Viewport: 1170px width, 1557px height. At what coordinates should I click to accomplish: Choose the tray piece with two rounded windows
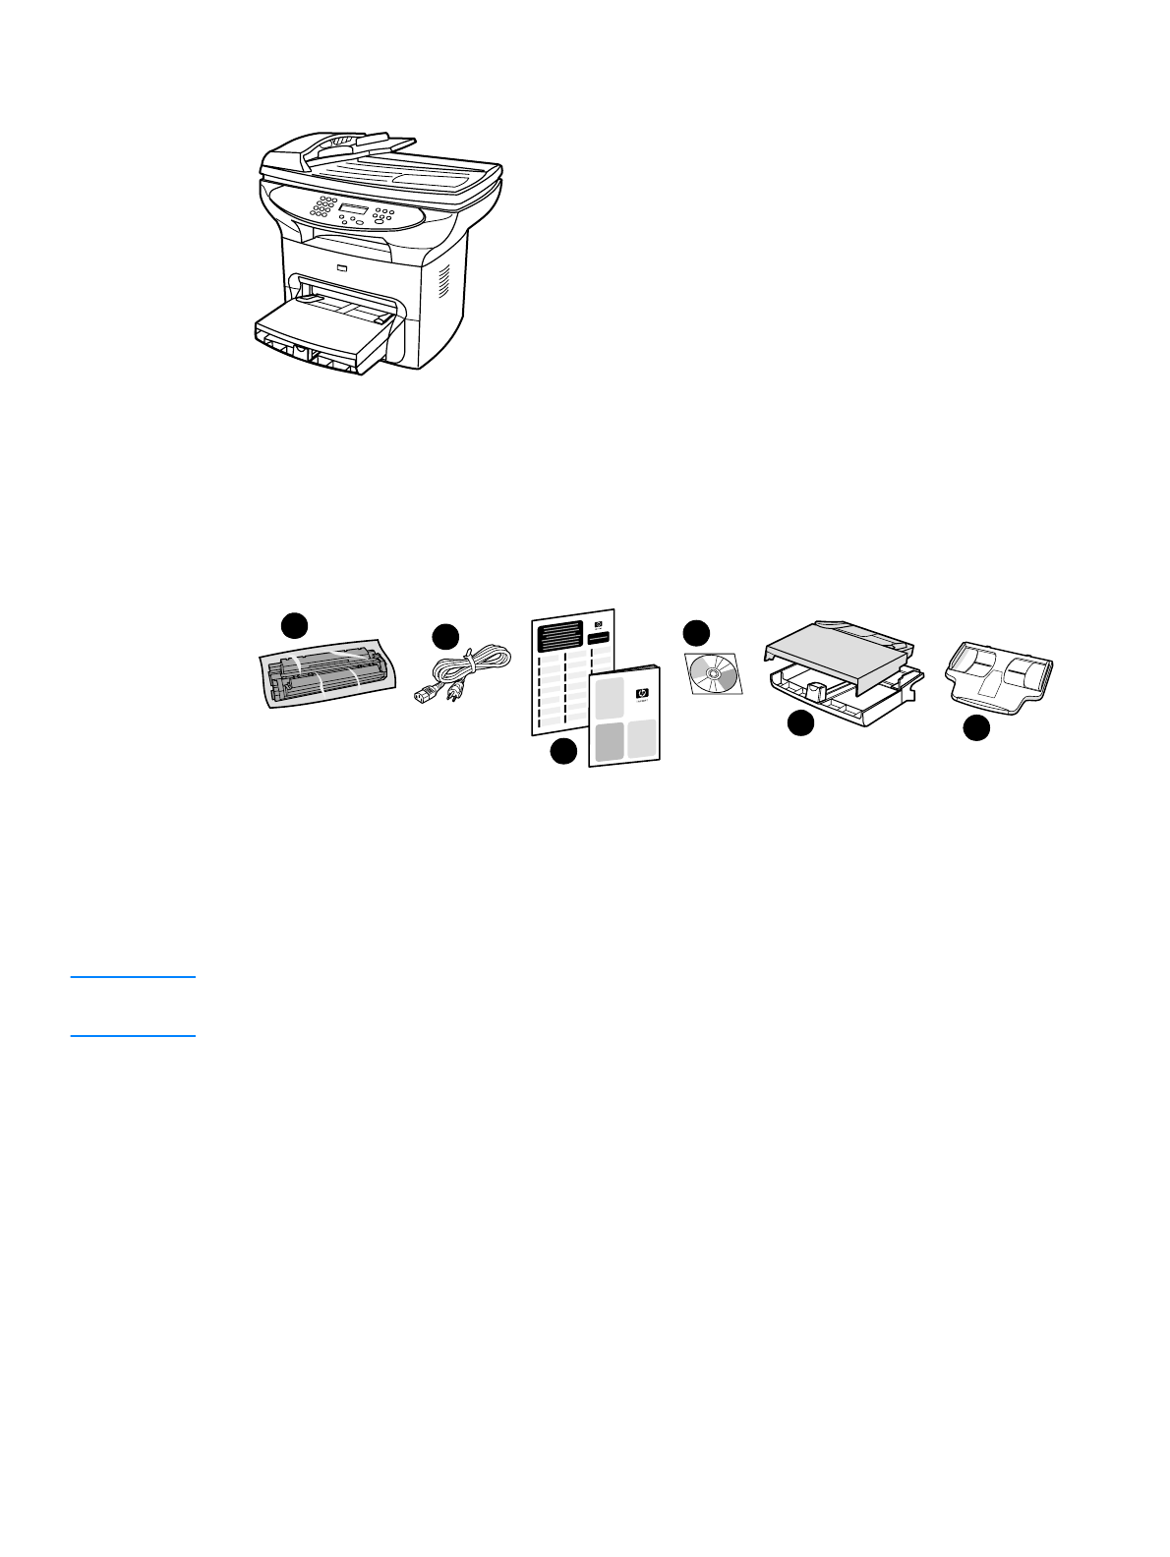click(1000, 678)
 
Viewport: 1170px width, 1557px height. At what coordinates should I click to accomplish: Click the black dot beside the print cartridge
click(294, 625)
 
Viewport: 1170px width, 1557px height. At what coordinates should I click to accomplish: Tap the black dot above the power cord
click(446, 636)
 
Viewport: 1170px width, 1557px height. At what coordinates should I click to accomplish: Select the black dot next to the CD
click(696, 632)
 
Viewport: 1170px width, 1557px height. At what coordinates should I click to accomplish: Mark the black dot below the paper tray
click(801, 723)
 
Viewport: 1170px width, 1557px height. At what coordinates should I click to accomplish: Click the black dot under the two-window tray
click(975, 728)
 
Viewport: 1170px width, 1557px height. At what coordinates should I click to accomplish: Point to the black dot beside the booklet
click(563, 752)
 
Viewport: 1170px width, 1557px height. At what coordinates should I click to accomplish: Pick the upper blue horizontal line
click(133, 977)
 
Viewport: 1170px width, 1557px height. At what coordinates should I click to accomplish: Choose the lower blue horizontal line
click(133, 1035)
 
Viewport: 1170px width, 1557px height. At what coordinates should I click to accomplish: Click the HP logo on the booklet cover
click(643, 692)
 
